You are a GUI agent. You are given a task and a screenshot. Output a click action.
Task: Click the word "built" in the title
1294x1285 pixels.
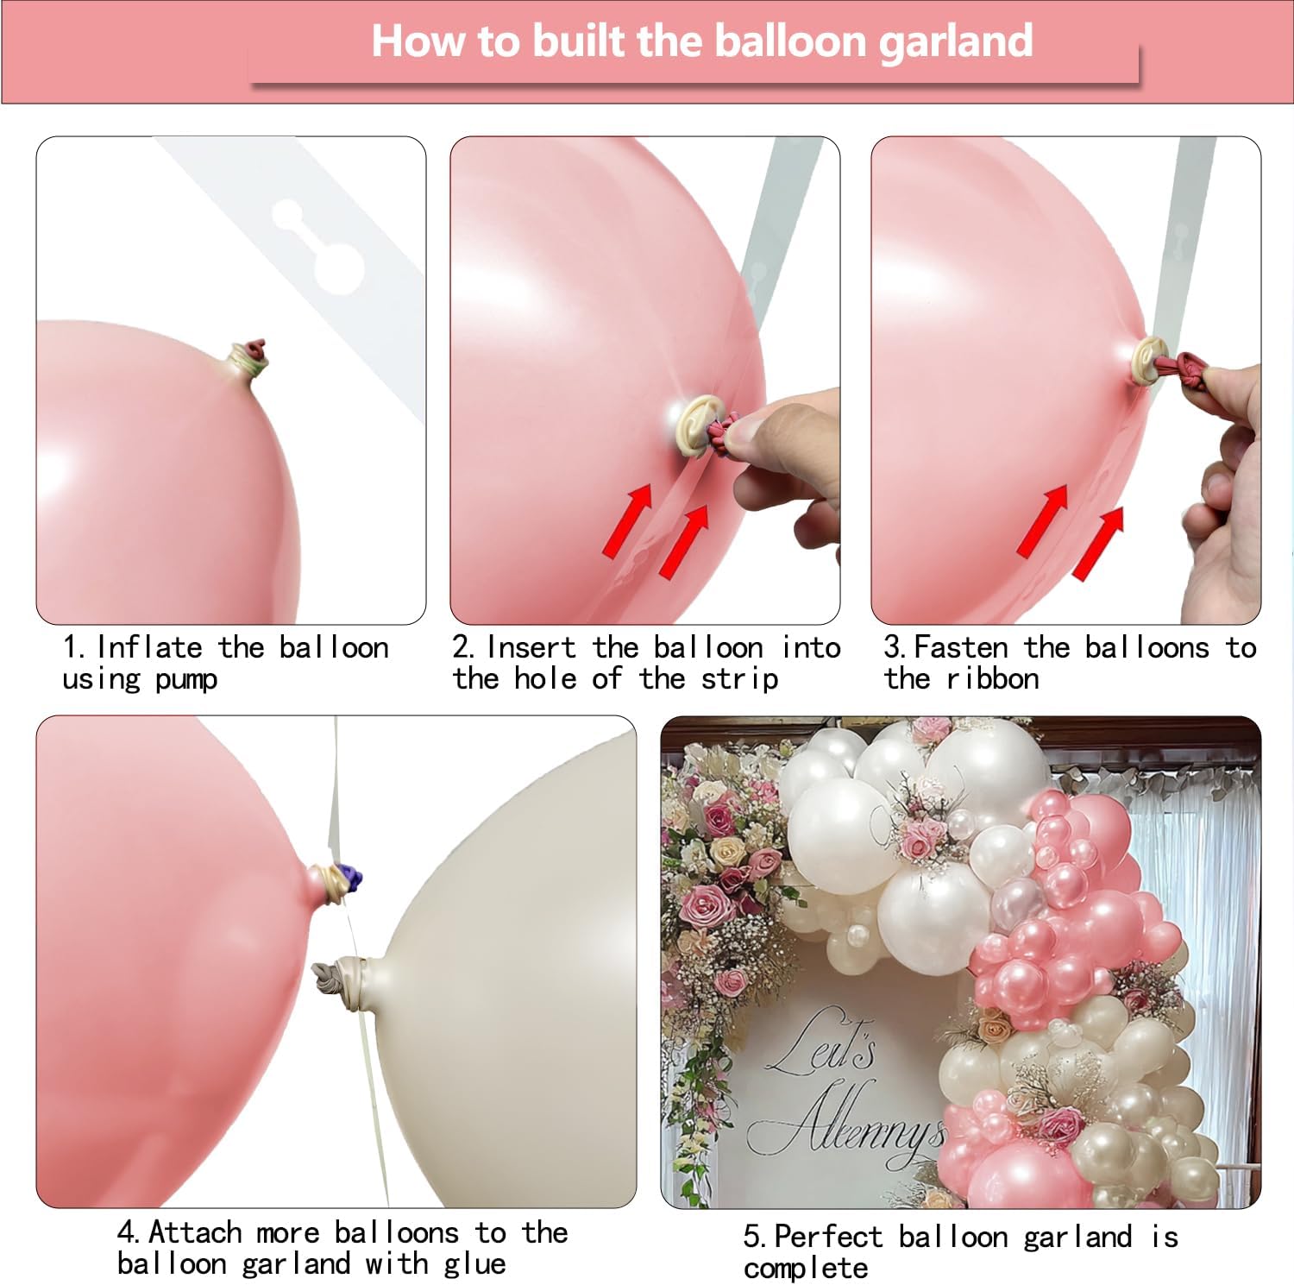pyautogui.click(x=577, y=41)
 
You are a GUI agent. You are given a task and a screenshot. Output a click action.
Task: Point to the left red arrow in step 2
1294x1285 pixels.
pyautogui.click(x=627, y=520)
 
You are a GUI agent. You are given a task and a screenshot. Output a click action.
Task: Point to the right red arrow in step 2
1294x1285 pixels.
pyautogui.click(x=684, y=541)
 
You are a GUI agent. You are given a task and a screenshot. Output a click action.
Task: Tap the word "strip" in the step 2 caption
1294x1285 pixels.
pyautogui.click(x=739, y=679)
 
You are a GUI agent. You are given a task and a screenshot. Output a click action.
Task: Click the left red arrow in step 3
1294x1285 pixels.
pyautogui.click(x=1043, y=520)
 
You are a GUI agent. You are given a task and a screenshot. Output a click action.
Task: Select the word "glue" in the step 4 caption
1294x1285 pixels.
pyautogui.click(x=474, y=1263)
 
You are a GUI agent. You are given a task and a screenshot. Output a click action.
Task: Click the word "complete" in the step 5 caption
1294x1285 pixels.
pyautogui.click(x=805, y=1269)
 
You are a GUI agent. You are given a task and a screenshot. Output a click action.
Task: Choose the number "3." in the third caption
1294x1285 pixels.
pyautogui.click(x=895, y=647)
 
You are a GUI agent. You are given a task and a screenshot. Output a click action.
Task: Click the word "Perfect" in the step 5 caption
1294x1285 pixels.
pyautogui.click(x=829, y=1237)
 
